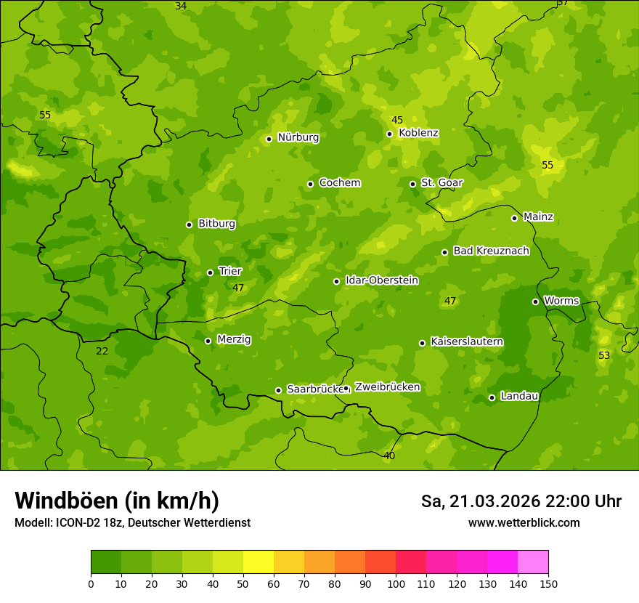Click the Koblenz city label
coord(418,133)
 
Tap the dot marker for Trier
coord(211,272)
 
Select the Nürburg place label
coord(298,137)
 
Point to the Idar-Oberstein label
coord(381,280)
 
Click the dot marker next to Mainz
coord(514,218)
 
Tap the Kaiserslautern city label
coord(467,341)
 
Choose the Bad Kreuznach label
coord(491,251)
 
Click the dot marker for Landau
coord(492,397)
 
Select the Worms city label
coord(561,300)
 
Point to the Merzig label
coord(234,339)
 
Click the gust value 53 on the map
coord(604,355)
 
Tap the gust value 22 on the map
coord(102,351)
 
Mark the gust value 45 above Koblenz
coord(397,120)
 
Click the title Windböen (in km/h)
coord(117,501)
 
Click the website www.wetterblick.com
coord(524,522)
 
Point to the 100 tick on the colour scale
coord(396,583)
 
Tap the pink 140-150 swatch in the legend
coord(533,562)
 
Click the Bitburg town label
coord(216,224)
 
